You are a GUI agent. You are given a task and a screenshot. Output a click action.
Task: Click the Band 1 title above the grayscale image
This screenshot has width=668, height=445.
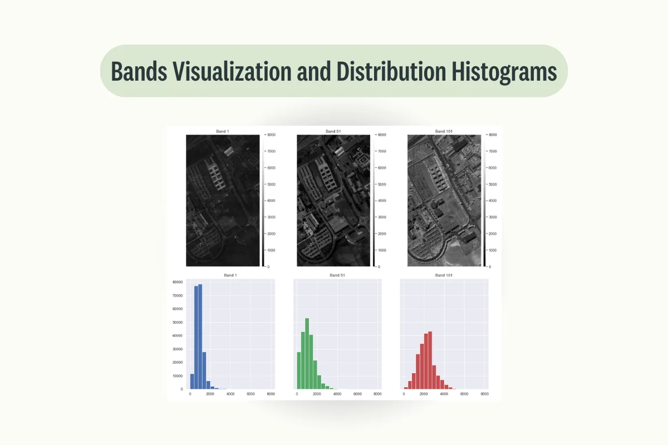point(222,131)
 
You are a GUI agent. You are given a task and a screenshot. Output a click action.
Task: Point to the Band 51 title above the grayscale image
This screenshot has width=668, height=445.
point(333,131)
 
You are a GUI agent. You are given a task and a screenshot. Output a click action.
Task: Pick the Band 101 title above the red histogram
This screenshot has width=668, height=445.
point(444,275)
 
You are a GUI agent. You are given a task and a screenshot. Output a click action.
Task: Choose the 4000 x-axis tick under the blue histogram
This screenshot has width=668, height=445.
point(230,394)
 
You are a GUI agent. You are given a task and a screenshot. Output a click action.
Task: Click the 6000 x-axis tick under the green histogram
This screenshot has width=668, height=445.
point(357,394)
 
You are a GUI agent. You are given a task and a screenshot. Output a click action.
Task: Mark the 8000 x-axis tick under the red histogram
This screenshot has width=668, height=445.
point(485,394)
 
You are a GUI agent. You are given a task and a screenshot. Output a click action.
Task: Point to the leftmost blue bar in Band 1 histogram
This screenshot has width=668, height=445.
point(191,381)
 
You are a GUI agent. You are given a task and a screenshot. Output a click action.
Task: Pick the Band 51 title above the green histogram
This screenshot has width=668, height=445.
point(337,275)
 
